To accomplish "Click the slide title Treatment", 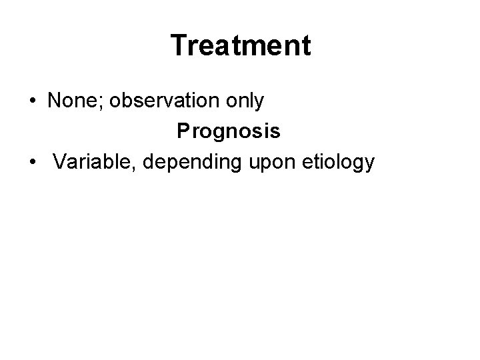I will click(x=240, y=46).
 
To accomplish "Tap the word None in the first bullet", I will click(x=69, y=101).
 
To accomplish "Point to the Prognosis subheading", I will click(x=228, y=131).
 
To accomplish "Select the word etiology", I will click(x=339, y=162).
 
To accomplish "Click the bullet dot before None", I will click(x=32, y=102).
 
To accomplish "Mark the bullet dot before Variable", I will click(x=32, y=163).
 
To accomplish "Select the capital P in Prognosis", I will click(x=183, y=131).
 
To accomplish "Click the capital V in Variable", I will click(x=60, y=162).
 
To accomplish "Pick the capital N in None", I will click(x=53, y=101).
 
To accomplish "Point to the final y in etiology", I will click(x=370, y=164).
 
